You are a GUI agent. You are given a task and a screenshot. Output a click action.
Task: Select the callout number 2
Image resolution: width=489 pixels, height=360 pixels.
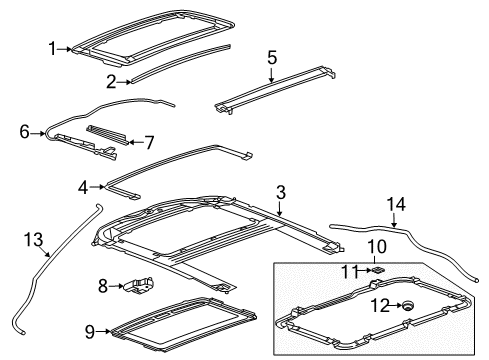tap(112, 83)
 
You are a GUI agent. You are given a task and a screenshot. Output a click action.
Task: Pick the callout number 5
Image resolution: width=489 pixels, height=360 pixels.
tap(271, 58)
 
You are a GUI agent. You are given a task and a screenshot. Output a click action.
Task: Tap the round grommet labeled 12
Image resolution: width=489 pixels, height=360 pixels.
tap(407, 306)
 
